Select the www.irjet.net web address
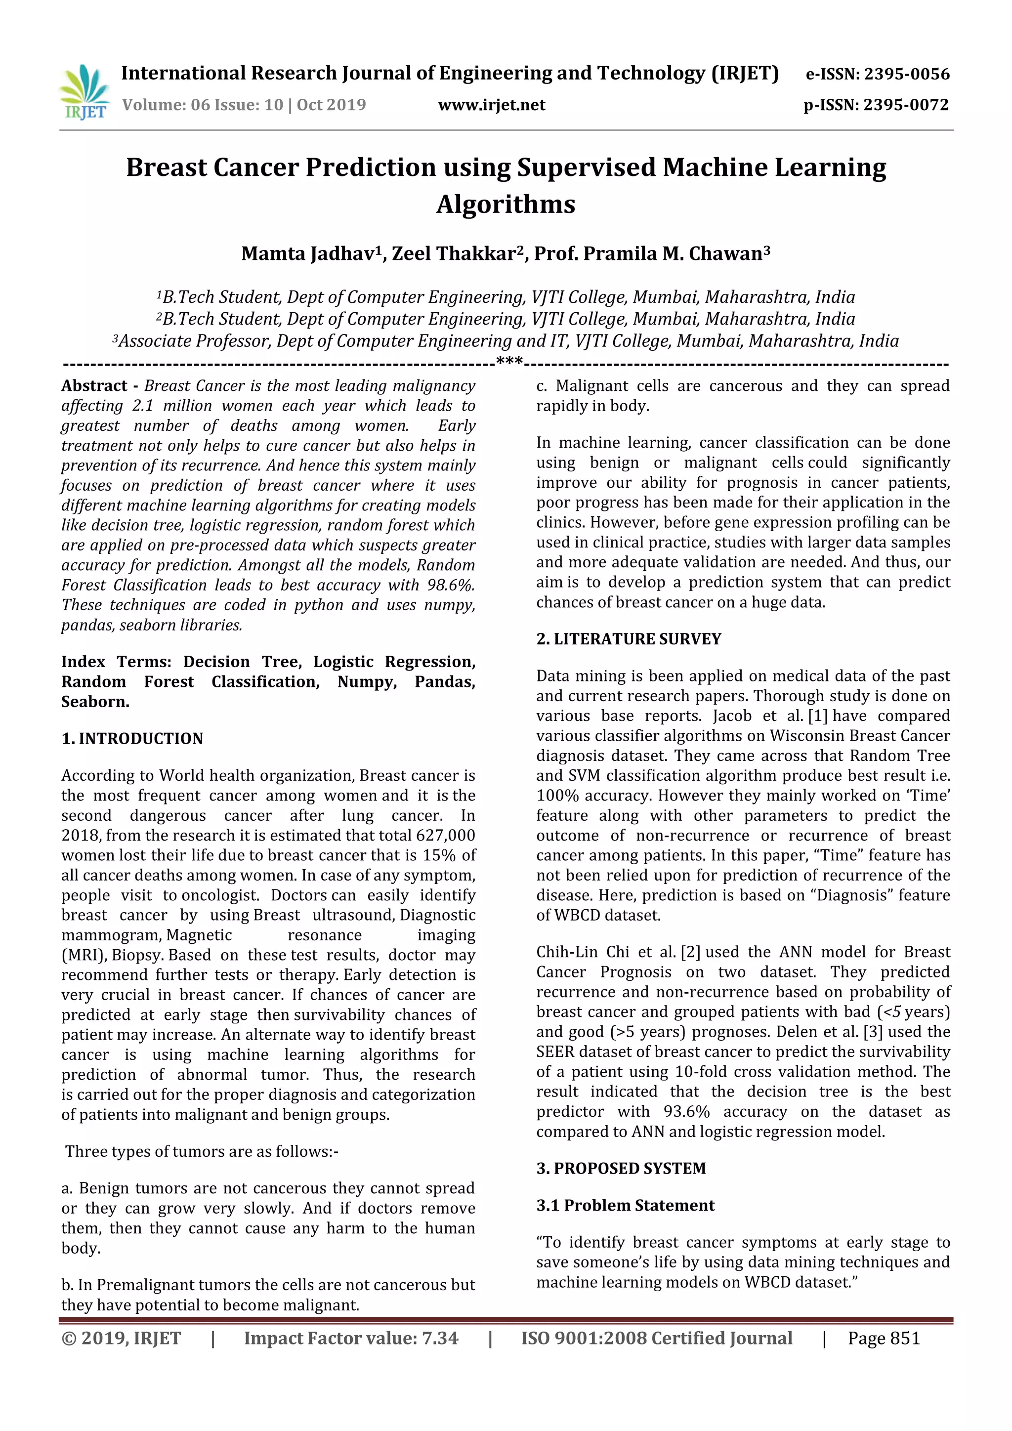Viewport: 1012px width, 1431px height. tap(492, 105)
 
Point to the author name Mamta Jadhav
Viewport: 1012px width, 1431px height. tap(308, 253)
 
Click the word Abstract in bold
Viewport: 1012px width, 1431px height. tap(94, 386)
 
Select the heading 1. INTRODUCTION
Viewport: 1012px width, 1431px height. tap(132, 739)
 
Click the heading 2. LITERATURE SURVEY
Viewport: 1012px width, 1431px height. tap(629, 639)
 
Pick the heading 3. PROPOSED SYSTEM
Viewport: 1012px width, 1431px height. tap(621, 1168)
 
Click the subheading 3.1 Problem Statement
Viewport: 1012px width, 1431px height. tap(625, 1205)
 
